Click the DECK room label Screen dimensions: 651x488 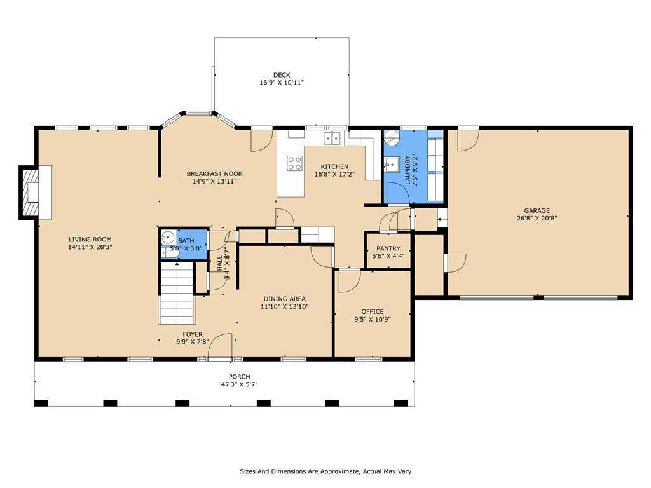coord(282,75)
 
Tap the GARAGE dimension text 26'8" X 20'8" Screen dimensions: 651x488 coord(537,219)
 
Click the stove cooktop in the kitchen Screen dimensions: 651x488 coord(295,163)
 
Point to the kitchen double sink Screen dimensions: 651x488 coord(332,138)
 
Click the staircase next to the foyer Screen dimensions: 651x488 coord(177,293)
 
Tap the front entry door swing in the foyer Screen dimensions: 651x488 coord(220,345)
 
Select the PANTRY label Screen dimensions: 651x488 coord(388,248)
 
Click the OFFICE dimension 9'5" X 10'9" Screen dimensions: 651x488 coord(373,320)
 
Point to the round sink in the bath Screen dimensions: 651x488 coord(168,238)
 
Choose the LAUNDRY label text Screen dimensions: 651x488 coord(408,170)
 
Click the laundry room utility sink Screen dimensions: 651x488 coord(391,165)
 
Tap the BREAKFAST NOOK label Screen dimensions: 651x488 coord(214,174)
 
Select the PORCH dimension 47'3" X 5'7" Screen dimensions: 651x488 coord(239,384)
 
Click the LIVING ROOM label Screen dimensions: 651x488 coord(90,240)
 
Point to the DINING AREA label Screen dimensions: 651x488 coord(284,299)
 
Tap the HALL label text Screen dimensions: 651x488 coord(219,264)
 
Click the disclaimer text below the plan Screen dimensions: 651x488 coord(325,471)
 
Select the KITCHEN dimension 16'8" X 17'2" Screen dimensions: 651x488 coord(334,174)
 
